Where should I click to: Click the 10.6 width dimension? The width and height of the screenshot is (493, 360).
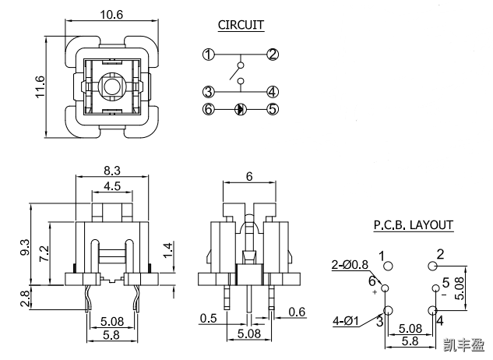111,14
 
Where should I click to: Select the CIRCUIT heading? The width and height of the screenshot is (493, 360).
241,25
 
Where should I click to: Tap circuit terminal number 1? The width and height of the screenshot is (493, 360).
208,55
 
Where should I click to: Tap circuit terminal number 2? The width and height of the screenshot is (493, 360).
273,55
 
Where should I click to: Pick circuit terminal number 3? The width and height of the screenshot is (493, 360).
208,91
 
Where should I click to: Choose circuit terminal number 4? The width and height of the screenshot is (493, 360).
273,91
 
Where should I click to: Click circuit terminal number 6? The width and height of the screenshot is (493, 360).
208,109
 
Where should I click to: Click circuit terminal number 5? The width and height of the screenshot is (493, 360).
273,109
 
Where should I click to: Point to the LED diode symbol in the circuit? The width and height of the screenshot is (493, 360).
241,109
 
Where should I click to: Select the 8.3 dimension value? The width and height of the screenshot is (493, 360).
111,170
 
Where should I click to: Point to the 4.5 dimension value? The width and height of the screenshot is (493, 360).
111,185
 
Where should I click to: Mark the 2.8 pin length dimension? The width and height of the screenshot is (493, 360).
24,297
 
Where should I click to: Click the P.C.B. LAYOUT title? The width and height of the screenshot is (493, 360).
413,226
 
